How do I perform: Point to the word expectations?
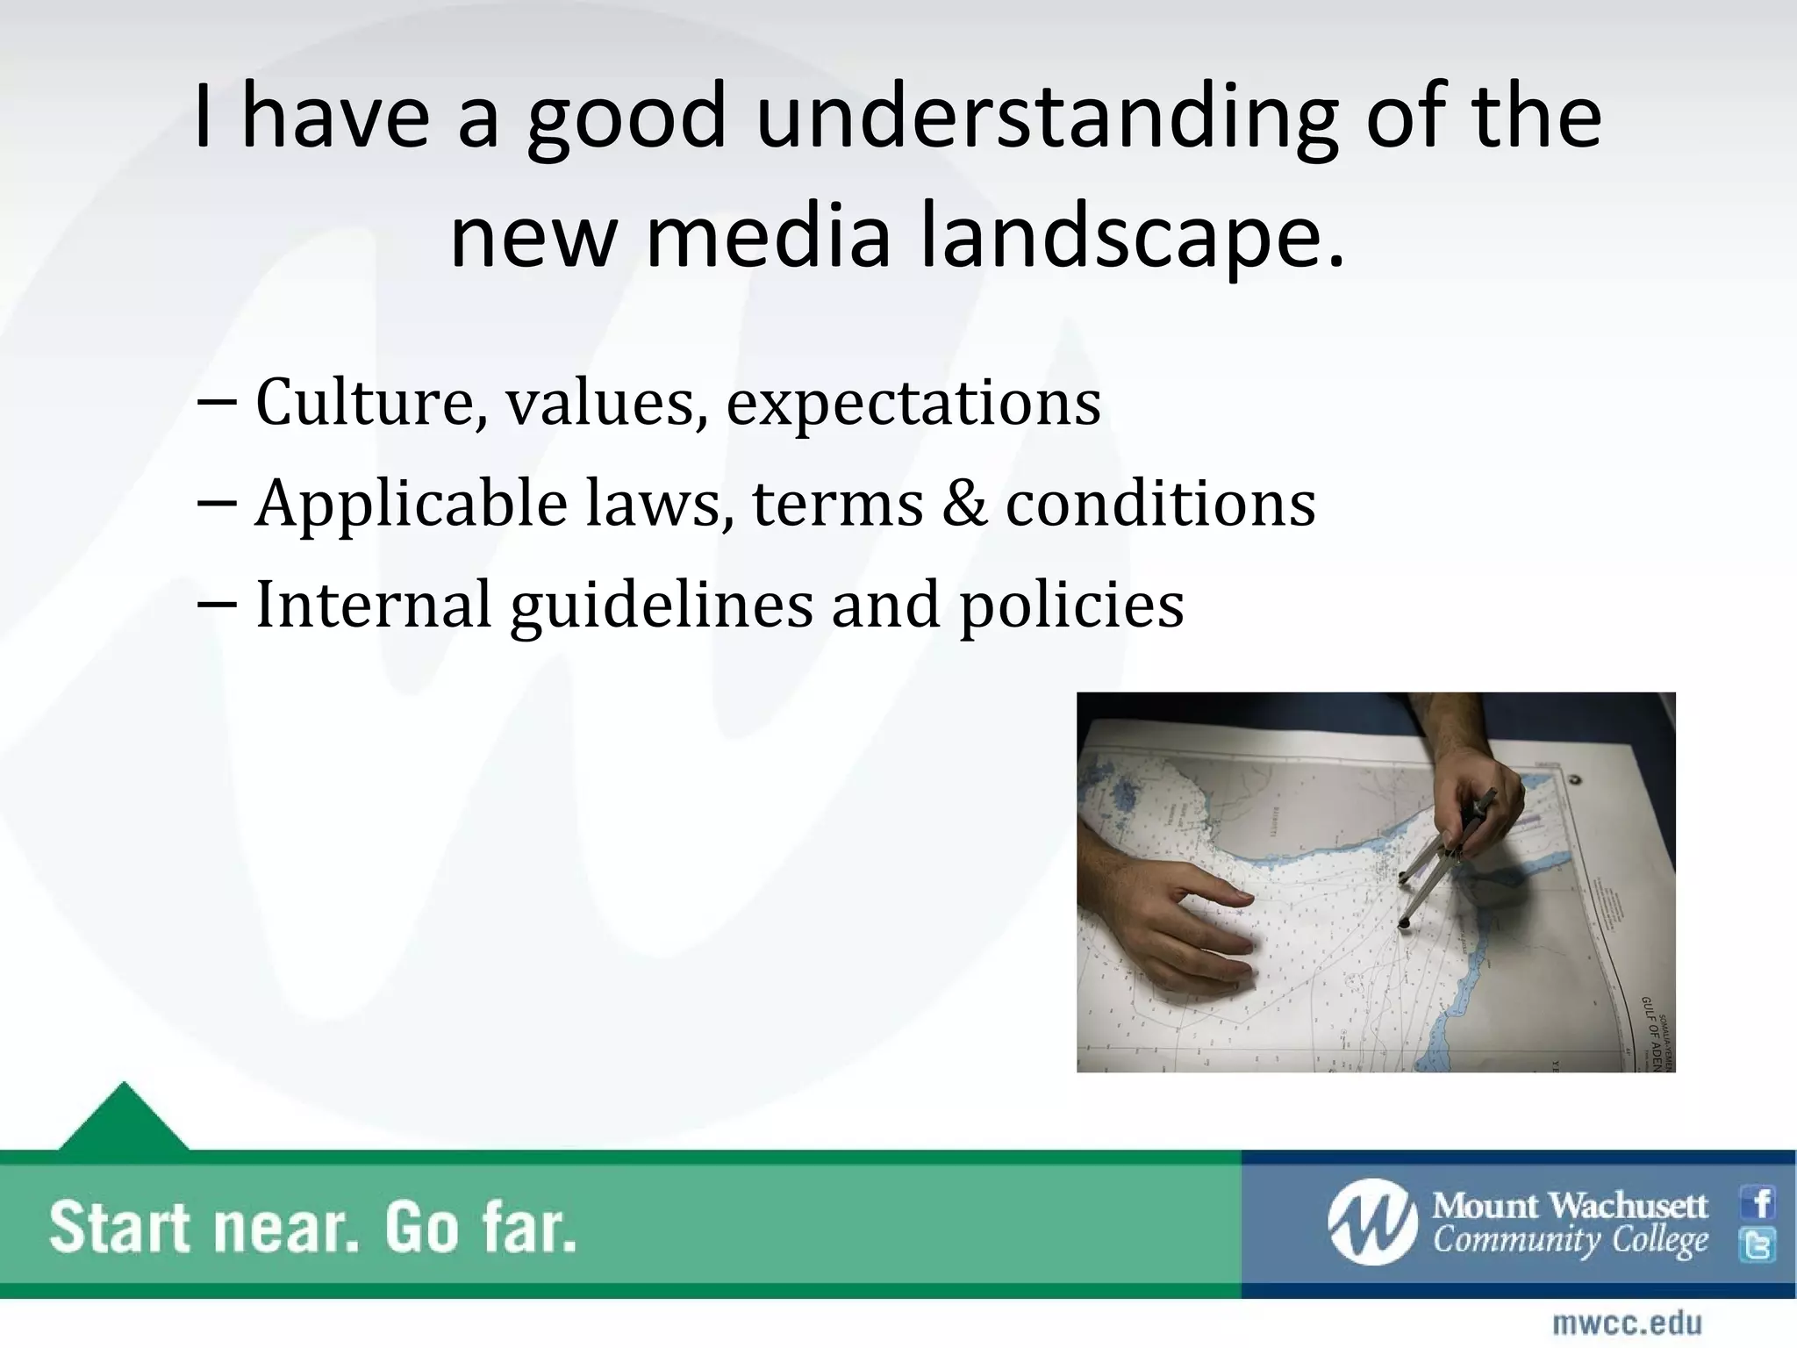pyautogui.click(x=913, y=404)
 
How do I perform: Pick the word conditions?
pyautogui.click(x=1160, y=504)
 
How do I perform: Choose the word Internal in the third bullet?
pyautogui.click(x=373, y=605)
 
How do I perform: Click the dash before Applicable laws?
pyautogui.click(x=217, y=504)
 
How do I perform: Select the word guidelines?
pyautogui.click(x=662, y=606)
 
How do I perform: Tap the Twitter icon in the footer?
pyautogui.click(x=1758, y=1245)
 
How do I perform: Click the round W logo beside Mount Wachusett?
pyautogui.click(x=1371, y=1223)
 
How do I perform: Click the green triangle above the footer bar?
pyautogui.click(x=124, y=1119)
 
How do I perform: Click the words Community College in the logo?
pyautogui.click(x=1571, y=1241)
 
